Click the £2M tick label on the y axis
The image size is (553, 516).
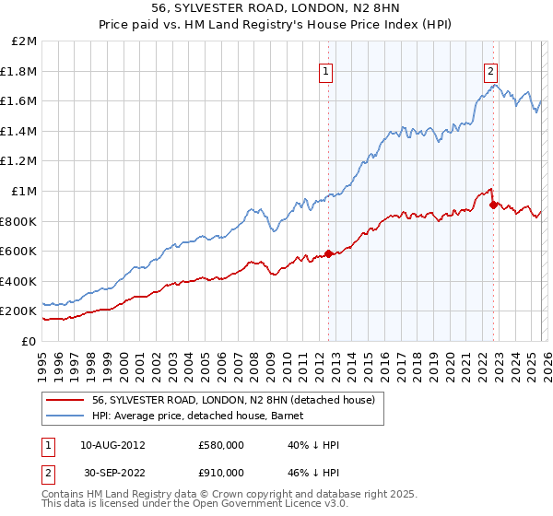25,41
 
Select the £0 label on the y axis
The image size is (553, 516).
30,341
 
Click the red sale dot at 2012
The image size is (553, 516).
328,254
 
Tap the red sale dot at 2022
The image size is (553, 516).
493,205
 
